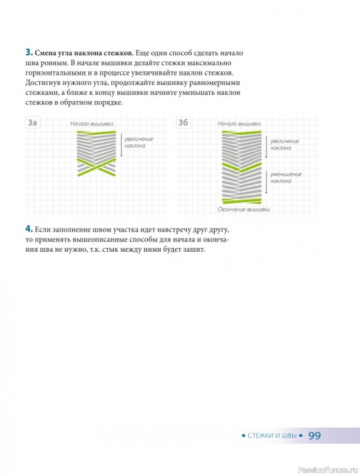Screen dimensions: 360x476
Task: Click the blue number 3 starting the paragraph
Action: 29,52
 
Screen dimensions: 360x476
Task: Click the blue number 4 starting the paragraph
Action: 29,229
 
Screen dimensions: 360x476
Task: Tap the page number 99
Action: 314,436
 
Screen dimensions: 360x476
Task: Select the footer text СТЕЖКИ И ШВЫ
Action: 272,436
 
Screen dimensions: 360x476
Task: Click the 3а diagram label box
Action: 33,123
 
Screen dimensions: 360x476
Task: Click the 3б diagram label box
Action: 183,123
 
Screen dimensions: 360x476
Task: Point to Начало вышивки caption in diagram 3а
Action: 92,124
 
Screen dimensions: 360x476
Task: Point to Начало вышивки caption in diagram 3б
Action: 239,124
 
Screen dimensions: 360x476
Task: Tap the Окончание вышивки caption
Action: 244,209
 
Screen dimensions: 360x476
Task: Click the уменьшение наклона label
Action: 286,177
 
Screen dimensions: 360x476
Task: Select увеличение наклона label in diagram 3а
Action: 139,142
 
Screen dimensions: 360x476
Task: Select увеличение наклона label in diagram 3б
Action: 284,145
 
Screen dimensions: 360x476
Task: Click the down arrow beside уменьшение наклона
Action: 266,182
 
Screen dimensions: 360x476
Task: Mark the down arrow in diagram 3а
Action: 121,145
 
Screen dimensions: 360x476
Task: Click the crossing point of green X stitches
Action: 97,167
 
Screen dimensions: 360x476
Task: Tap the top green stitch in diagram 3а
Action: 96,132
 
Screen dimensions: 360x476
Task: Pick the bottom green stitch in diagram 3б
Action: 242,201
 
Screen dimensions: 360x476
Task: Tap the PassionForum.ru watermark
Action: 328,470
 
